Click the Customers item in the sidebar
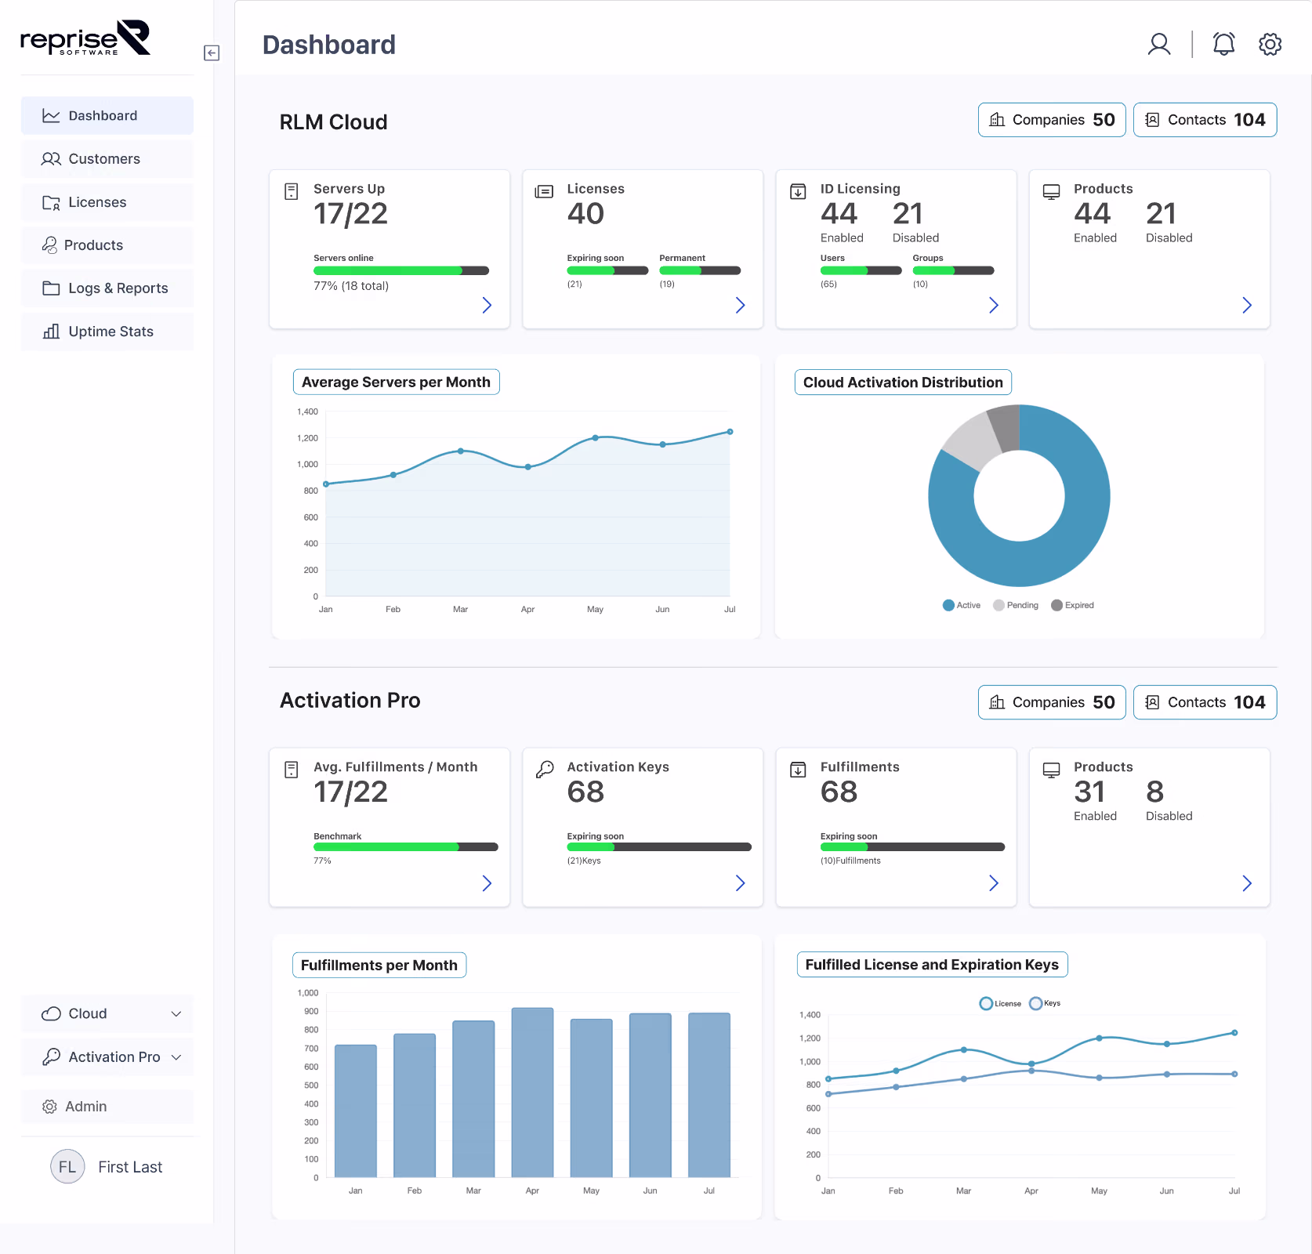(x=103, y=159)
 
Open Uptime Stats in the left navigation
(x=110, y=332)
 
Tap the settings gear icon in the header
(x=1270, y=45)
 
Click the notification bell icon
(x=1223, y=45)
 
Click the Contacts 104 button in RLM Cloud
(x=1205, y=120)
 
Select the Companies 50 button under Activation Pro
(x=1051, y=702)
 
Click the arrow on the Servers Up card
(x=487, y=306)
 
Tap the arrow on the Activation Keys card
(x=740, y=883)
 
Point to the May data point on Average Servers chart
(x=596, y=438)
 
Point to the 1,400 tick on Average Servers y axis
(x=307, y=411)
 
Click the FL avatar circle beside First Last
(x=67, y=1167)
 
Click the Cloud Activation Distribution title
(x=903, y=382)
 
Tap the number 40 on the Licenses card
(x=585, y=214)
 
